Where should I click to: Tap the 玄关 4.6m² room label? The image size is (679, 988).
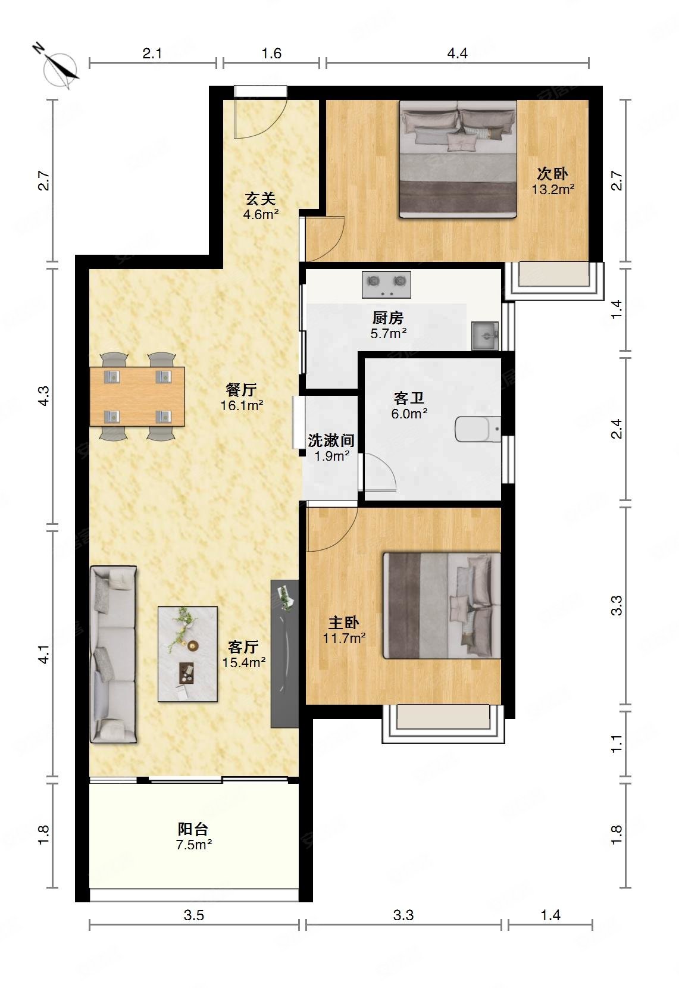click(261, 206)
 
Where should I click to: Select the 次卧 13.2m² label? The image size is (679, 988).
click(552, 182)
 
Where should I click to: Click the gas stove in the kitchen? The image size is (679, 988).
click(386, 284)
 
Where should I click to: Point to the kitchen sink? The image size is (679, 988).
click(485, 336)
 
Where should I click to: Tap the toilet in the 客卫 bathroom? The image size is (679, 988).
click(477, 429)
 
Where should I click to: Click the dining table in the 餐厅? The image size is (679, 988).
click(137, 396)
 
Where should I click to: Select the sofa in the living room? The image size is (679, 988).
click(113, 654)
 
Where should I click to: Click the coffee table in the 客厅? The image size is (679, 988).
click(188, 654)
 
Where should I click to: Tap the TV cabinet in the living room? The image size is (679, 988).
click(284, 654)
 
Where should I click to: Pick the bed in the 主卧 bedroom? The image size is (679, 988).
click(442, 606)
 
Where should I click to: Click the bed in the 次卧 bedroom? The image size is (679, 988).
click(458, 160)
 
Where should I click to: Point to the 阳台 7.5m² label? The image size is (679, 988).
click(193, 836)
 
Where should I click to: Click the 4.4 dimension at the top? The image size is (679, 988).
click(457, 54)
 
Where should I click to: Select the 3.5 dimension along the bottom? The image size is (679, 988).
click(193, 915)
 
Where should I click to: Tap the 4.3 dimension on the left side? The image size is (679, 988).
click(44, 396)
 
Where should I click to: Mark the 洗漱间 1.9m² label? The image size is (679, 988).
click(331, 448)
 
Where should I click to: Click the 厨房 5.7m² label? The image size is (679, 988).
click(388, 325)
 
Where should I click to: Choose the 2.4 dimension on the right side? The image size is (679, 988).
click(617, 429)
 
